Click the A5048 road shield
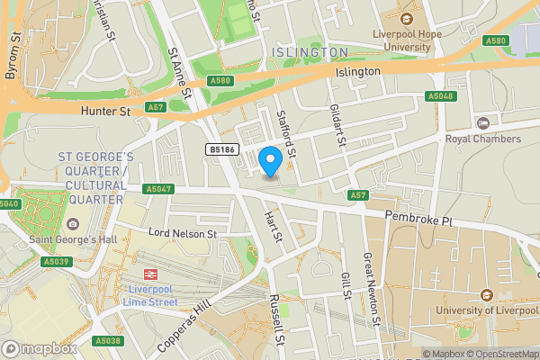point(441,96)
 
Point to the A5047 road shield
point(157,189)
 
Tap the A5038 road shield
point(106,340)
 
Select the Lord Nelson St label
point(184,234)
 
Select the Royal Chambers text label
point(483,139)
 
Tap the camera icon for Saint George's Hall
point(73,224)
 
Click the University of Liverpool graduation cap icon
point(487,295)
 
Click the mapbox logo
point(39,348)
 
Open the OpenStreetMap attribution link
point(500,354)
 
